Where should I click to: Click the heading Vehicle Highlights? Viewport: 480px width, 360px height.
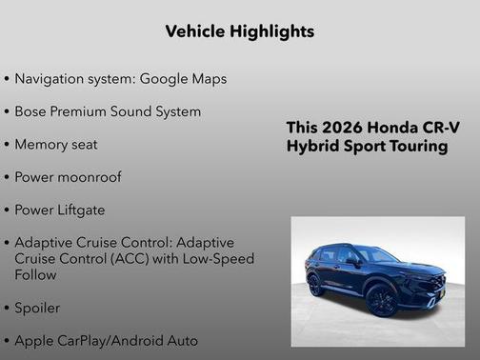tap(239, 31)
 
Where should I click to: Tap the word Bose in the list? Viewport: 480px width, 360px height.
tap(31, 111)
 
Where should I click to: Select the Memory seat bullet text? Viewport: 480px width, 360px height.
tap(55, 145)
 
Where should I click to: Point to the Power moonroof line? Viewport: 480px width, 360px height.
tap(68, 178)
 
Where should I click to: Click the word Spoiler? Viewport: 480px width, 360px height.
tap(37, 309)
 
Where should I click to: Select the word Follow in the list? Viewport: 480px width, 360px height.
tap(36, 275)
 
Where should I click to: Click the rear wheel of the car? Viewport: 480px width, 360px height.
tap(315, 285)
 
